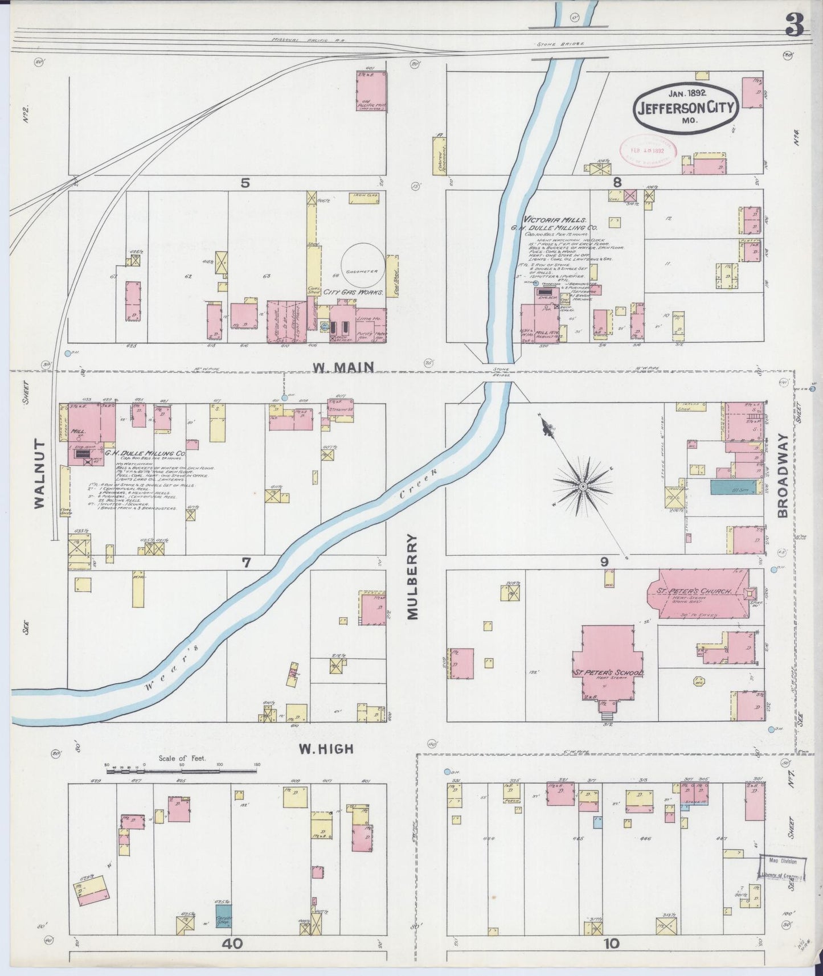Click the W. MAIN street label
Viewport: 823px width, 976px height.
point(343,368)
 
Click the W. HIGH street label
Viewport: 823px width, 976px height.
point(326,749)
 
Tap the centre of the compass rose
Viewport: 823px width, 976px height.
point(583,487)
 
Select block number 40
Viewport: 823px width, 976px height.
point(232,944)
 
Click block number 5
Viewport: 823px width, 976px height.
point(245,182)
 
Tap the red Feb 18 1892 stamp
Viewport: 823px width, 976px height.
point(648,151)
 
